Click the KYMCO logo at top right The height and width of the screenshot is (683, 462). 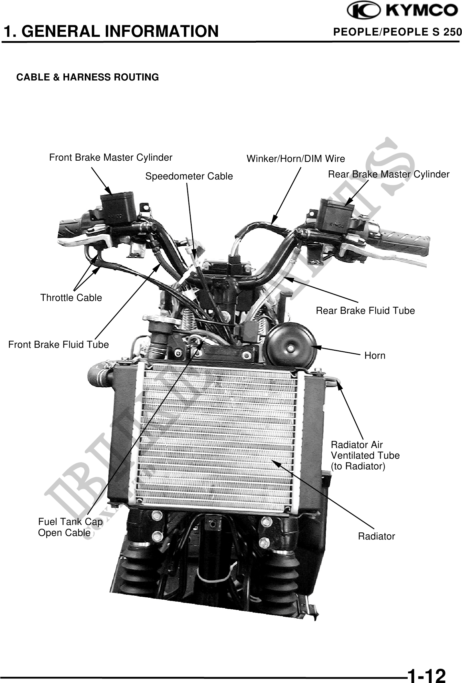(x=402, y=11)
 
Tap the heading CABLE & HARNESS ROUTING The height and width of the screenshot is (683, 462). (x=88, y=78)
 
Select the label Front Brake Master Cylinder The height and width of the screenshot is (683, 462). (x=111, y=158)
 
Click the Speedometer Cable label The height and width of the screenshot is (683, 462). (x=189, y=176)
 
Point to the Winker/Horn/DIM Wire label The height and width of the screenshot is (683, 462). (x=295, y=159)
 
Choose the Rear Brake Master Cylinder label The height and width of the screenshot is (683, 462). (x=389, y=175)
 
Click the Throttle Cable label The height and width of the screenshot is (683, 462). (x=71, y=298)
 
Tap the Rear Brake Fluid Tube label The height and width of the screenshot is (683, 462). (x=365, y=311)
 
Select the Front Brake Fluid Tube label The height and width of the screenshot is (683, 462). (x=59, y=345)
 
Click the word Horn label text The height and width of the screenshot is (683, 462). (x=375, y=356)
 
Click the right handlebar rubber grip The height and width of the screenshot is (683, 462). (x=405, y=241)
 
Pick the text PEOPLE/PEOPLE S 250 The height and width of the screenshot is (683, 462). (x=397, y=32)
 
